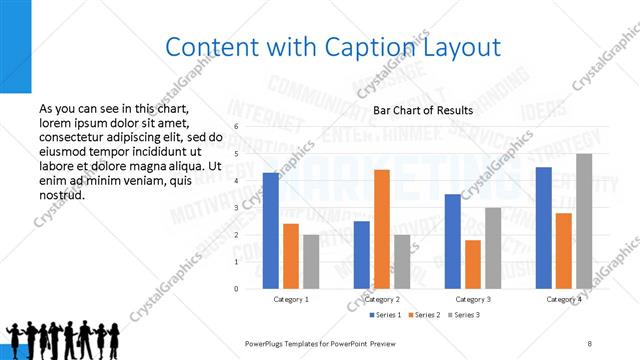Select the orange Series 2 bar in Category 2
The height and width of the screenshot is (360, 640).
[x=382, y=229]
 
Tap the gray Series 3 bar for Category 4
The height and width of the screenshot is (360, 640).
[x=584, y=221]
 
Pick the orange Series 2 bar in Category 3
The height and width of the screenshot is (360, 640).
[x=473, y=264]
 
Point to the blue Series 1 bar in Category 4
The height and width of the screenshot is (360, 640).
[x=544, y=228]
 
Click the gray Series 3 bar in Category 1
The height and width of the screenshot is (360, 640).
[x=311, y=262]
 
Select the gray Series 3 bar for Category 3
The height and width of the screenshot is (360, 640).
[x=493, y=248]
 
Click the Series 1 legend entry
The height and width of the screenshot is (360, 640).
[x=389, y=315]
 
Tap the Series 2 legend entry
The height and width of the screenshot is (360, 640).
[x=427, y=315]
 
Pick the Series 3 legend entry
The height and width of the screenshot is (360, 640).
[x=465, y=315]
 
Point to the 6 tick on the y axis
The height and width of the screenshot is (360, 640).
[x=236, y=127]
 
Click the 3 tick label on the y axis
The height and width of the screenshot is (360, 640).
[x=236, y=208]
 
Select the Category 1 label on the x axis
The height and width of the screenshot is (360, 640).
[x=291, y=299]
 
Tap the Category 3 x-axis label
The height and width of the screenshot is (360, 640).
[x=473, y=299]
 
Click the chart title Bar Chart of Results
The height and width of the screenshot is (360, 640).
[x=423, y=110]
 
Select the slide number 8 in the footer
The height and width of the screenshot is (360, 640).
[x=590, y=343]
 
